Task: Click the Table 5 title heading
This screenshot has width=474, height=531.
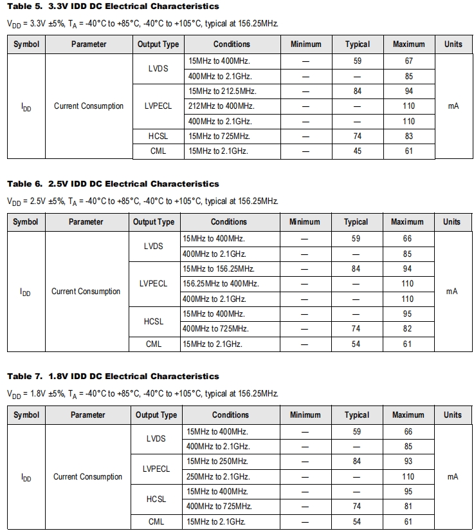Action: pyautogui.click(x=113, y=6)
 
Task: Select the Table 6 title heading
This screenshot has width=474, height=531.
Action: pyautogui.click(x=113, y=184)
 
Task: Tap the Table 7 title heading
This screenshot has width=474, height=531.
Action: pyautogui.click(x=113, y=377)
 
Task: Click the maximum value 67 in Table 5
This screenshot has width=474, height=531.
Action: pyautogui.click(x=408, y=61)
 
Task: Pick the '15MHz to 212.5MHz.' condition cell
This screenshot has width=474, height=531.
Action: pyautogui.click(x=222, y=91)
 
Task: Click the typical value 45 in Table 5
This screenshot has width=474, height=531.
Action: pyautogui.click(x=358, y=151)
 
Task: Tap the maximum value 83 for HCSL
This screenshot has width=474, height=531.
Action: pyautogui.click(x=408, y=136)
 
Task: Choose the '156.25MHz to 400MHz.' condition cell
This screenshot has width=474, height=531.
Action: pyautogui.click(x=221, y=284)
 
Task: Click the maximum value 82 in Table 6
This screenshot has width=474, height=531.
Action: pyautogui.click(x=407, y=329)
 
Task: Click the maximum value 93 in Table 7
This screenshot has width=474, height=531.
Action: pyautogui.click(x=408, y=461)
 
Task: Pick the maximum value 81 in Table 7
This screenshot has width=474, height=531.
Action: pyautogui.click(x=408, y=507)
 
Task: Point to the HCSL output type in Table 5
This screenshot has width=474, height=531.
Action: pyautogui.click(x=158, y=136)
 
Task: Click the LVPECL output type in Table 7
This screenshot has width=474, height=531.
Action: pyautogui.click(x=156, y=469)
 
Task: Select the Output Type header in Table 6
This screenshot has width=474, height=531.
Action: pyautogui.click(x=154, y=222)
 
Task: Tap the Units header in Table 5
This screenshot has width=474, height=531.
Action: pyautogui.click(x=453, y=44)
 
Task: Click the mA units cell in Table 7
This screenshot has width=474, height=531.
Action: pyautogui.click(x=452, y=477)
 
